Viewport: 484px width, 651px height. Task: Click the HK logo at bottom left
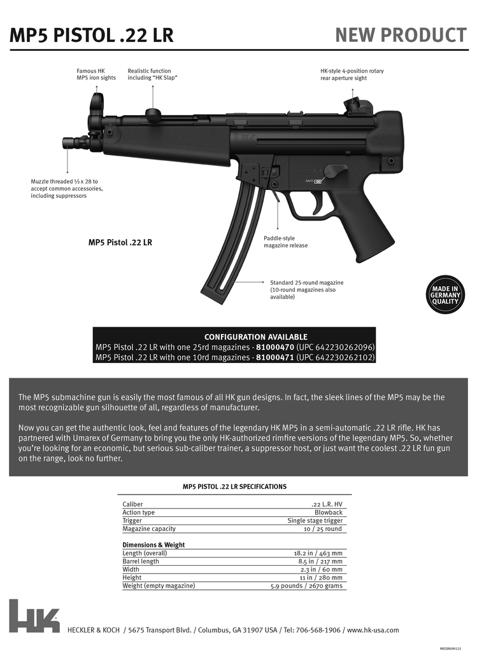click(34, 615)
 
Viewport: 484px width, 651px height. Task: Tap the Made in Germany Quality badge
click(445, 295)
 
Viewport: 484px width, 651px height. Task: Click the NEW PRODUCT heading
click(401, 35)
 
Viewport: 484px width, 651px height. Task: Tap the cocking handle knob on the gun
click(153, 114)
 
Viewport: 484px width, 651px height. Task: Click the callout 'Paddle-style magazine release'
click(285, 242)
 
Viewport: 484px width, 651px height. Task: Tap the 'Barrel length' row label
click(141, 561)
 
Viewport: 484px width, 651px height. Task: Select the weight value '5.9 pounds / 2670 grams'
click(306, 586)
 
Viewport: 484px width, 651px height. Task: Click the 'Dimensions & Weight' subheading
click(153, 545)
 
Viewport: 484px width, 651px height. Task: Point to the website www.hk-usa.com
click(373, 630)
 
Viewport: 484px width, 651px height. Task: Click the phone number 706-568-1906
click(316, 630)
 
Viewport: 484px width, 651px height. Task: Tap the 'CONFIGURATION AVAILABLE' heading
click(255, 337)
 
